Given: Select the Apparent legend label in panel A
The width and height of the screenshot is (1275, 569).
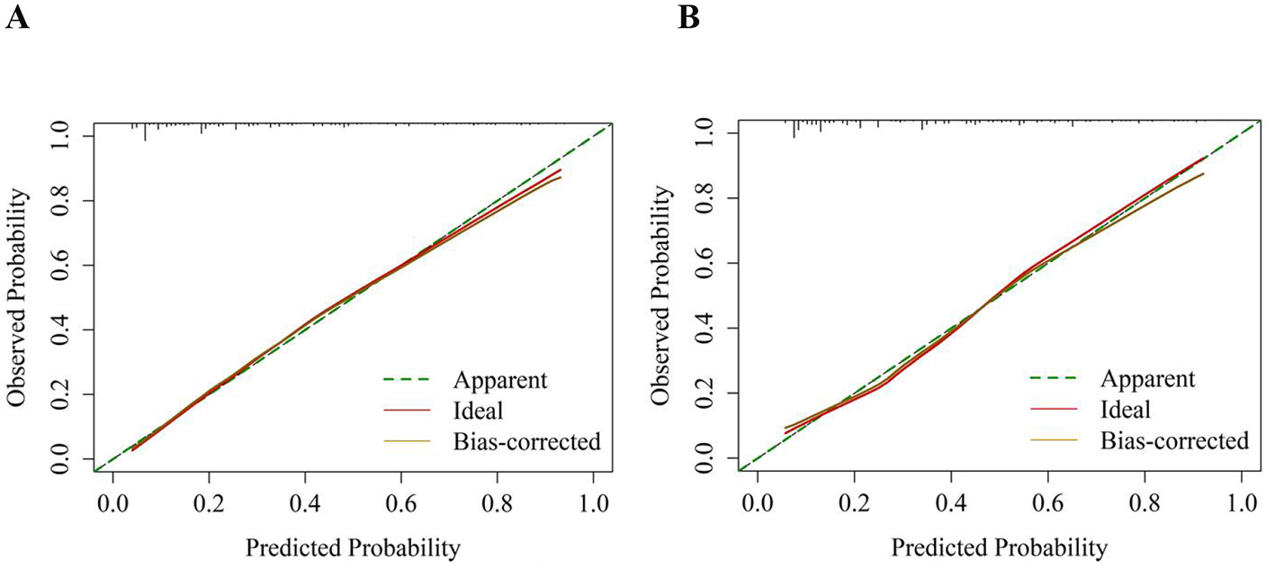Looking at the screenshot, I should coord(500,380).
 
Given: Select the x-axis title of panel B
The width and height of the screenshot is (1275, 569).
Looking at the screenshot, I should coord(1000,546).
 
